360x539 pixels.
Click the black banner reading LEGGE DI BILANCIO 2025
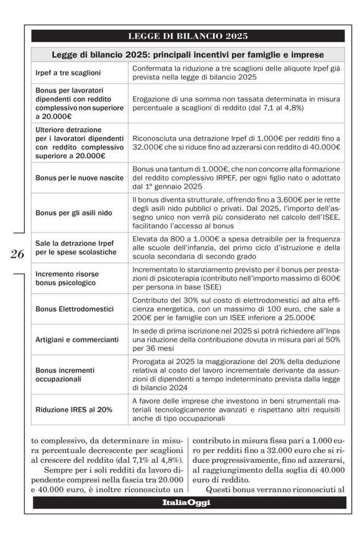coord(187,36)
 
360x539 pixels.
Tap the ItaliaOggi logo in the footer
coord(187,502)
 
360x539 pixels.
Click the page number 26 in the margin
coord(17,254)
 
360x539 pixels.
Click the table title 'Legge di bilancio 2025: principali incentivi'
coord(187,55)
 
